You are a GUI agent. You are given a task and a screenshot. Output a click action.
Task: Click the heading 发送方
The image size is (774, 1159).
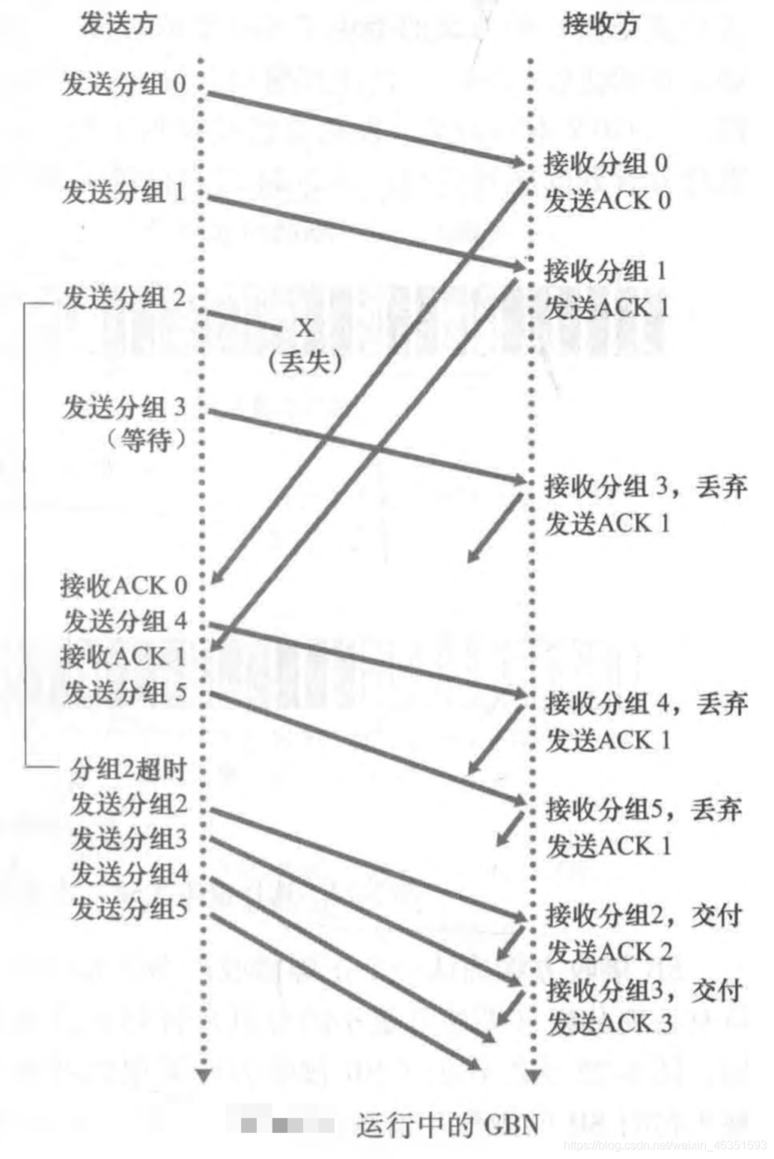[x=118, y=24]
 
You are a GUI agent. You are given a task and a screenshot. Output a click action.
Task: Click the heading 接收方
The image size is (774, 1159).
[x=600, y=24]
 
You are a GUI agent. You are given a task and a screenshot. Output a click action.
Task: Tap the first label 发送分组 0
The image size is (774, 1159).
[x=124, y=84]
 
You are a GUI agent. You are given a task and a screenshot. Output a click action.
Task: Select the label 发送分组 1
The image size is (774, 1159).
[x=124, y=192]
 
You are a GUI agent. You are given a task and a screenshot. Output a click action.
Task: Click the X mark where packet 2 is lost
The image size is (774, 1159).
[x=304, y=328]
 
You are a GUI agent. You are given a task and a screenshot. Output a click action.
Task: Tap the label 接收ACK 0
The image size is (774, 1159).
[x=124, y=585]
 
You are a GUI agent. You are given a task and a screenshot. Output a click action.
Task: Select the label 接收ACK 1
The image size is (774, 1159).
[x=124, y=657]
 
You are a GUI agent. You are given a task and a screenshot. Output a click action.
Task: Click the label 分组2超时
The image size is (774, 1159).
[x=128, y=768]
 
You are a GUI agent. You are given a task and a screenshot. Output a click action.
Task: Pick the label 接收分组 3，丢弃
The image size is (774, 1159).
[x=645, y=487]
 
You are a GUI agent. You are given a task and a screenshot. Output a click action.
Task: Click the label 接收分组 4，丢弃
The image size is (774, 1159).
[x=646, y=704]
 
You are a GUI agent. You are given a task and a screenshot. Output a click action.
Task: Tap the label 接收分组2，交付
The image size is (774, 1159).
[x=644, y=915]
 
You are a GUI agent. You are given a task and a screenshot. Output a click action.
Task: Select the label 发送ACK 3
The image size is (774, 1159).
[x=609, y=1023]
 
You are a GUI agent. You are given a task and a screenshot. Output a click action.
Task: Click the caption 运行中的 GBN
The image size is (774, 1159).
[x=447, y=1125]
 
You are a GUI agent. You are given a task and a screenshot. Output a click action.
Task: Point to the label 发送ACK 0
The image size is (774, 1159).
[x=607, y=200]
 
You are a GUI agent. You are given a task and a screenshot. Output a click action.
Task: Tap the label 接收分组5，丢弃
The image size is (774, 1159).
[x=644, y=809]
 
